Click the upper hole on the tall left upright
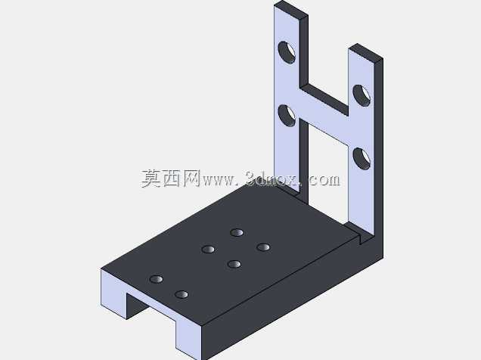(x=287, y=52)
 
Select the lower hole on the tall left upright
(x=287, y=116)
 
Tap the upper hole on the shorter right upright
(x=362, y=95)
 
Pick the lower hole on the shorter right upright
(x=362, y=159)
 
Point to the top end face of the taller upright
(x=291, y=8)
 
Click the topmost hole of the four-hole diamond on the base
(x=237, y=232)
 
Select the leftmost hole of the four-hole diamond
(x=208, y=249)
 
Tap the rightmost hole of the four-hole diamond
(x=263, y=247)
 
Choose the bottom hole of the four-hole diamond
(x=234, y=264)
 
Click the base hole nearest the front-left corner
(x=157, y=279)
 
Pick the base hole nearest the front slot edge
(x=182, y=295)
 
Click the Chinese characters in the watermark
(x=171, y=178)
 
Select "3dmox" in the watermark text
(x=272, y=178)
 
